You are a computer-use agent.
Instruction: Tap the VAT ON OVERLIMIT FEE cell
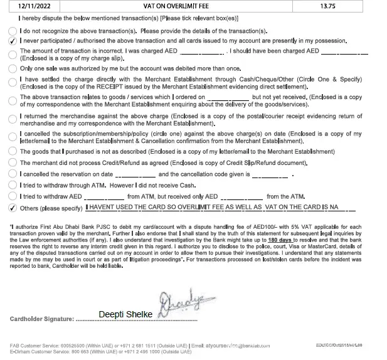point(174,6)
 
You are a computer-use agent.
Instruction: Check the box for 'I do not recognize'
point(13,31)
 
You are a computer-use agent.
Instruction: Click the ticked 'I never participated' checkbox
point(13,41)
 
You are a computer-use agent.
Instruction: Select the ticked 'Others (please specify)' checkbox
point(13,207)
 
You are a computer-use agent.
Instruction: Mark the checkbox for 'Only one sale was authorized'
point(13,68)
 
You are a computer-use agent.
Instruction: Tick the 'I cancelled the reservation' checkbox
point(13,174)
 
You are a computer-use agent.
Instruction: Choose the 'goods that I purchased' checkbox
point(13,152)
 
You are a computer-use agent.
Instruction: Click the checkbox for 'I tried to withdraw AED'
point(13,196)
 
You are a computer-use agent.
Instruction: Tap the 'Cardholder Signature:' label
point(42,319)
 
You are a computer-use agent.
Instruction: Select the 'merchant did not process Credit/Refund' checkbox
point(13,163)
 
